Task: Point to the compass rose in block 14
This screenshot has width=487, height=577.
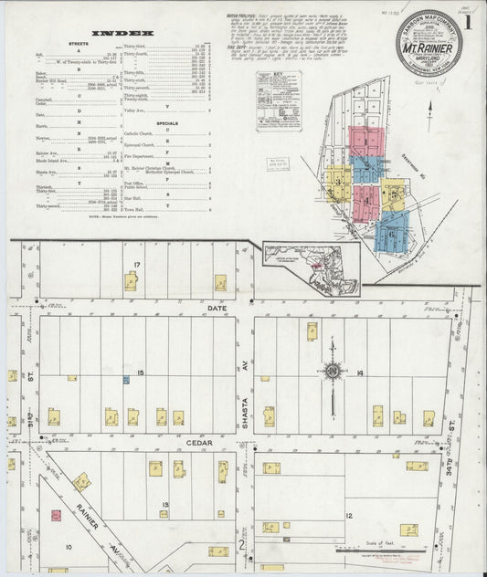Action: (333, 371)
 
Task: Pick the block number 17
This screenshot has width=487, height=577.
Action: (136, 266)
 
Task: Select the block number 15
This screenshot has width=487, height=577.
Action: (140, 373)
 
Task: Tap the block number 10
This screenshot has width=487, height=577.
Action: (68, 547)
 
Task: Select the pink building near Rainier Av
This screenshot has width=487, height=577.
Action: (56, 516)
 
